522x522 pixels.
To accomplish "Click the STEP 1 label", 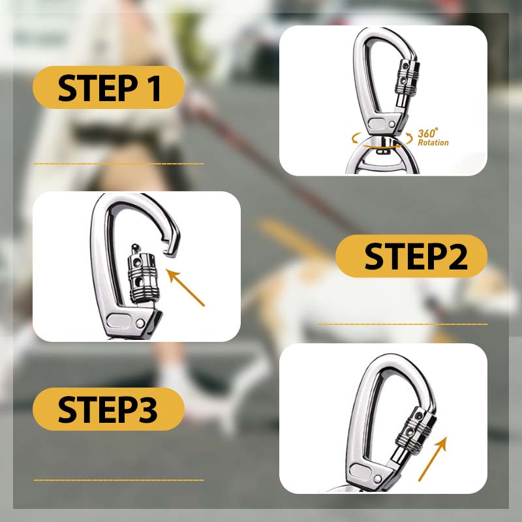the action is pos(108,87).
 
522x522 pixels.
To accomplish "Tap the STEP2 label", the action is pos(412,256).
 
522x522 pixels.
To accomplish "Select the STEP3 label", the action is pos(108,409).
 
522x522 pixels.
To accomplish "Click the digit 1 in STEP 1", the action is pos(155,88).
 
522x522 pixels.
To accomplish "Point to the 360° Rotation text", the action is pos(433,138).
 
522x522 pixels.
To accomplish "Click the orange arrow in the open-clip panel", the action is pos(185,288).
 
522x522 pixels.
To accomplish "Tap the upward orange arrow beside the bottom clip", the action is pos(433,459).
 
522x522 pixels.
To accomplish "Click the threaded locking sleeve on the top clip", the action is pos(407,77).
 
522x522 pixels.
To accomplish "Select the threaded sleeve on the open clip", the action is pos(143,277).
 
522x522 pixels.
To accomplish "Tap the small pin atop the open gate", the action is pos(135,248).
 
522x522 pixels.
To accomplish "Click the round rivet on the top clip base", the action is pos(392,124).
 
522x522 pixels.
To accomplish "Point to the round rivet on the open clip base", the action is pos(140,323).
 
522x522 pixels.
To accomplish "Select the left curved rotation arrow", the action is pos(356,138).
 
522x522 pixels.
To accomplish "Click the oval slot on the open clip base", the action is pos(119,320).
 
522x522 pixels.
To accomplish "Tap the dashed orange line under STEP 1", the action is pos(119,164).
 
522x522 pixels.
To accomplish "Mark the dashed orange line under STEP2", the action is pos(402,324).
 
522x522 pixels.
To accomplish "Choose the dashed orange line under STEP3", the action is pos(119,480).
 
